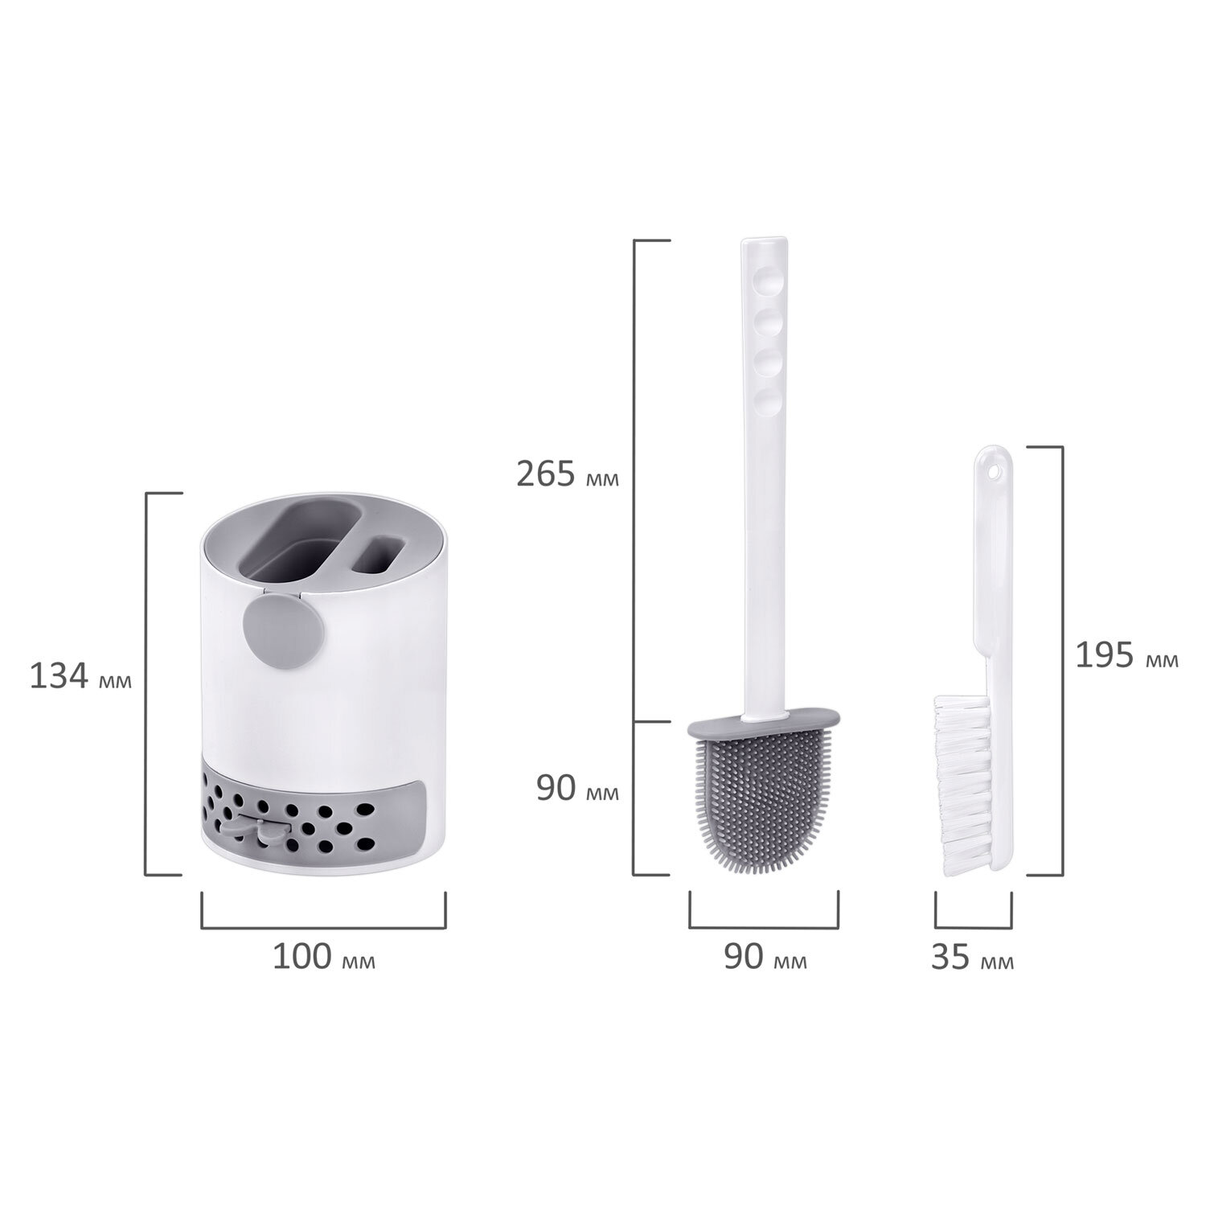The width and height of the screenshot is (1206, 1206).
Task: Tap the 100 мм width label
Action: (x=324, y=957)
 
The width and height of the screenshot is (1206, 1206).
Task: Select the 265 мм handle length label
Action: (x=568, y=474)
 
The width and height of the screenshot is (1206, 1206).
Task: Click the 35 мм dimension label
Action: (x=973, y=958)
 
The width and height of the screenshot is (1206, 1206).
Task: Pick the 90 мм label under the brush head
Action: (x=765, y=958)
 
